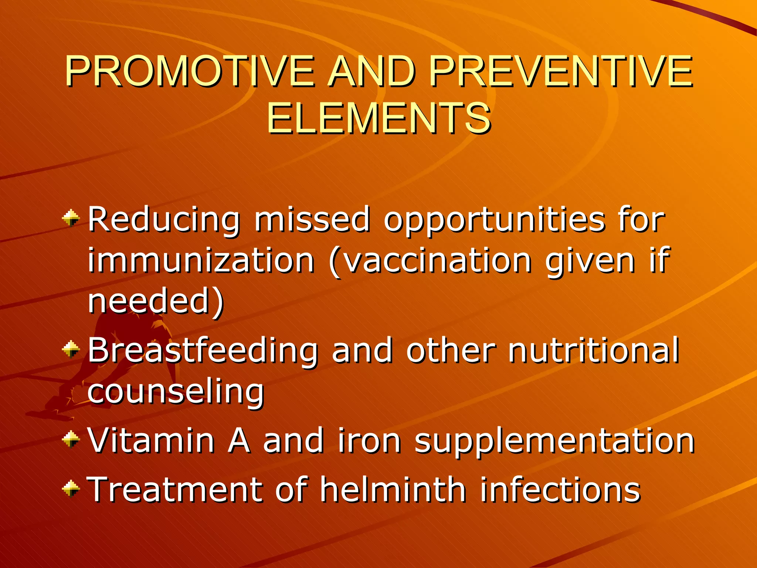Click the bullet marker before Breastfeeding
click(71, 348)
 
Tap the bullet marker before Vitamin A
click(71, 439)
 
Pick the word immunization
click(201, 261)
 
